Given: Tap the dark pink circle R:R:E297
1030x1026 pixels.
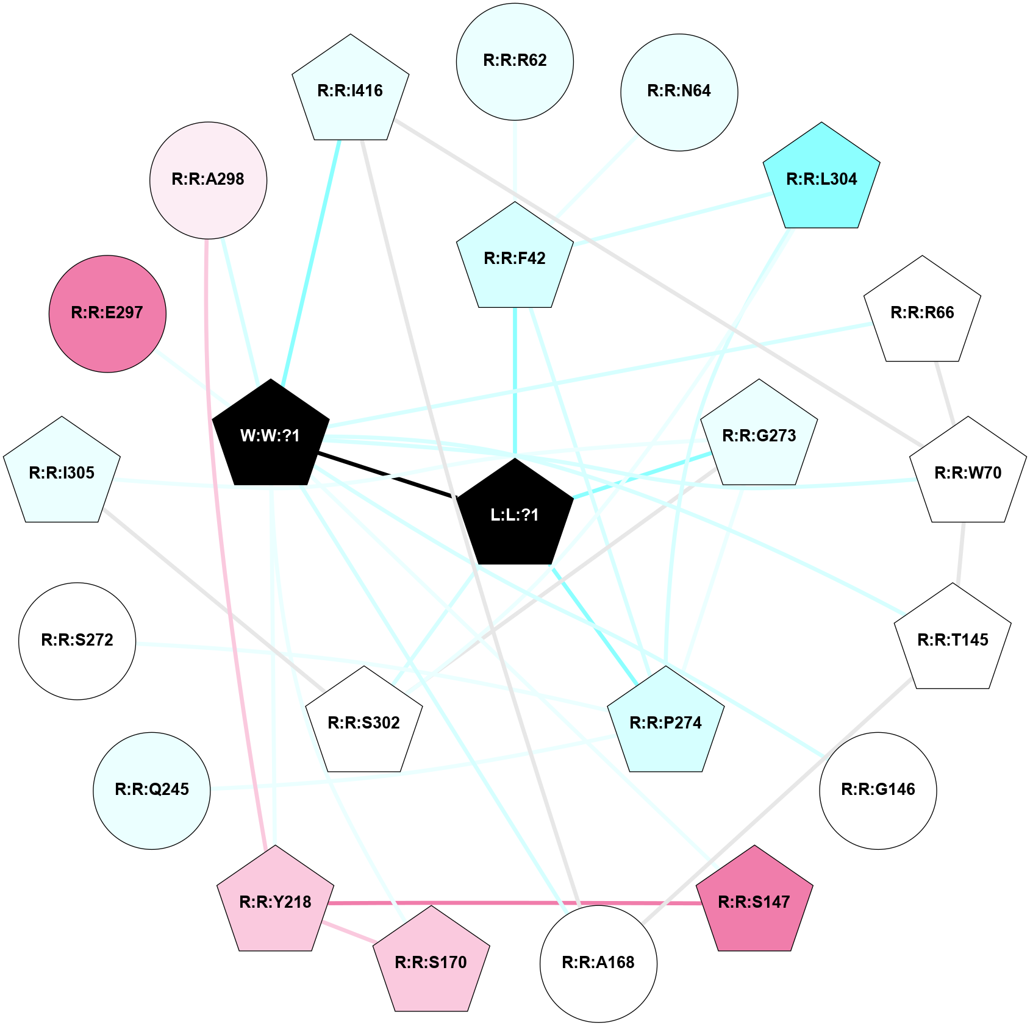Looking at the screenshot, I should [107, 313].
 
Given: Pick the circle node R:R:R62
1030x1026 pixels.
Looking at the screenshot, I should [515, 61].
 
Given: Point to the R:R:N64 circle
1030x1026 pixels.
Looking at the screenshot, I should [679, 91].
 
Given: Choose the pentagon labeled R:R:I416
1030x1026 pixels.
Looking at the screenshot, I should [350, 91].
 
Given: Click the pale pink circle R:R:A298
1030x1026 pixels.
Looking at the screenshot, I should [208, 180].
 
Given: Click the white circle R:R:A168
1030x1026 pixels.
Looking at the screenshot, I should [598, 963].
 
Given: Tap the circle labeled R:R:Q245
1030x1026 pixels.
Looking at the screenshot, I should [152, 790].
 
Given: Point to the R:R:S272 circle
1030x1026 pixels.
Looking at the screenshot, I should [77, 641].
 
